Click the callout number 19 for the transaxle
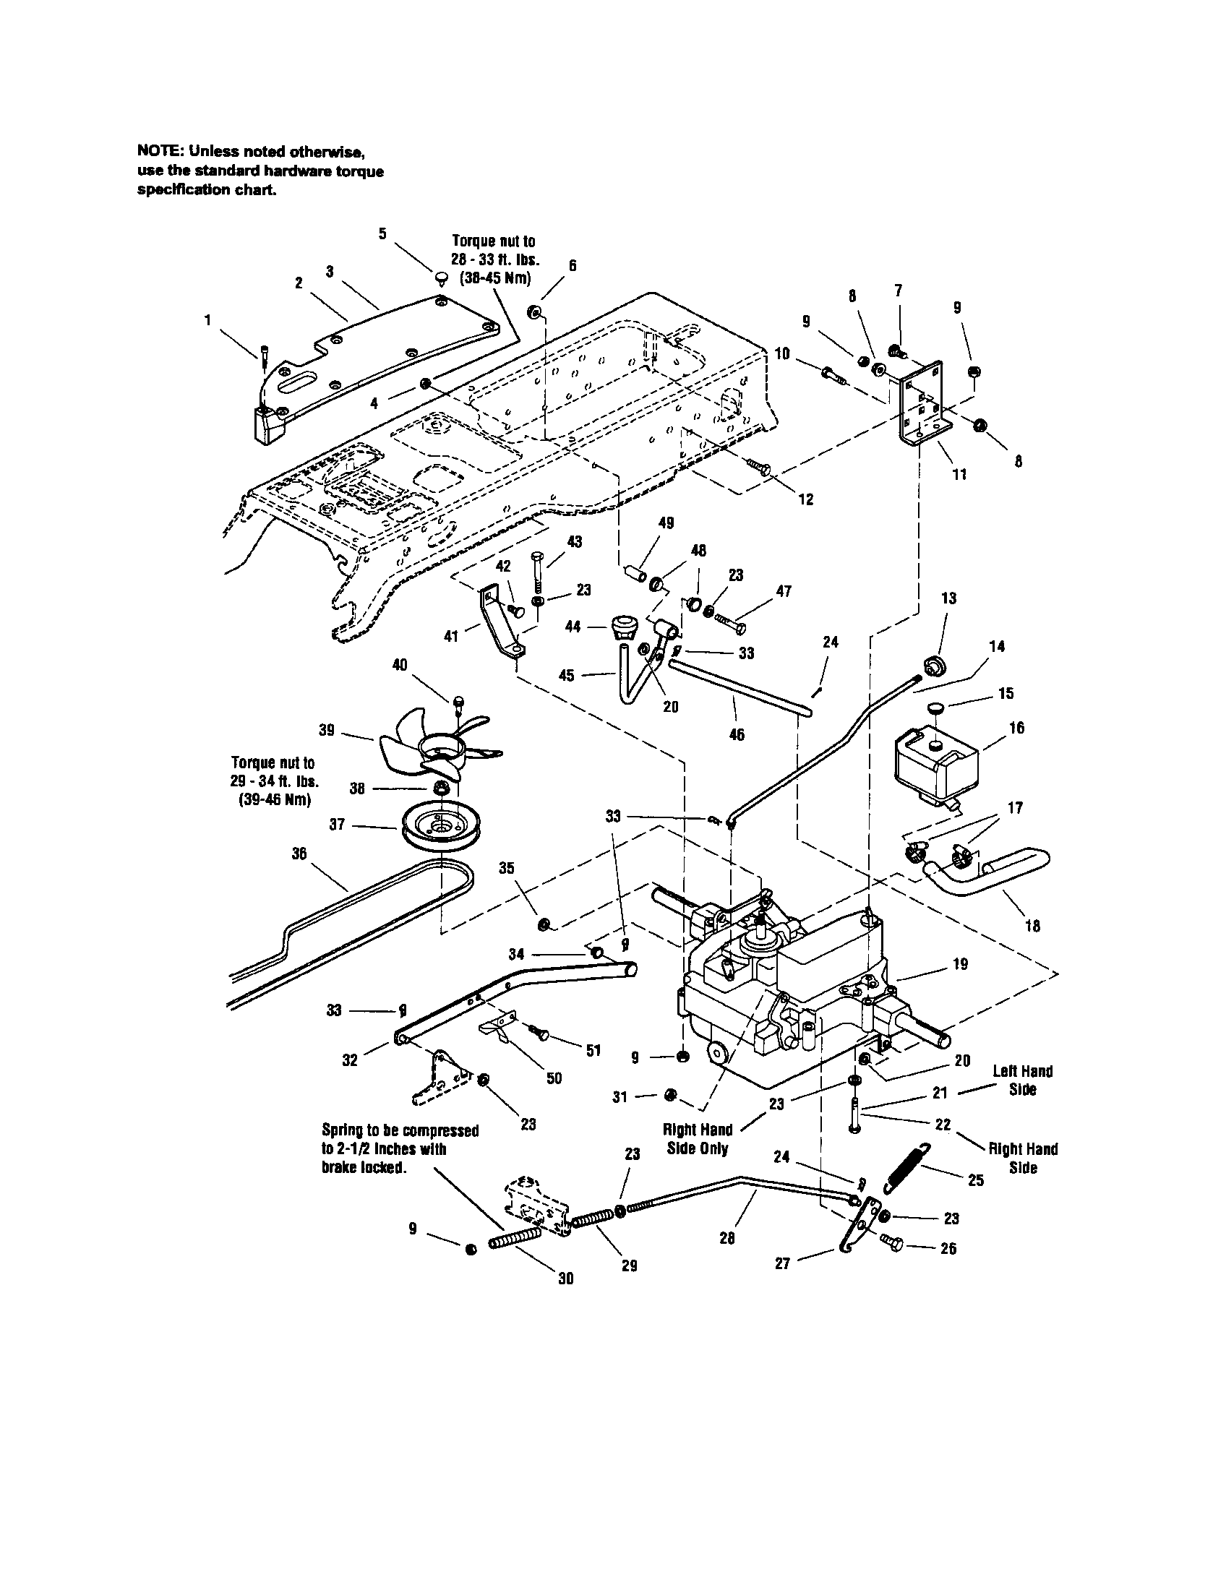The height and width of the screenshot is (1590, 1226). pos(960,964)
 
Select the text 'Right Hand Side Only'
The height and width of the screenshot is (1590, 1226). pos(698,1138)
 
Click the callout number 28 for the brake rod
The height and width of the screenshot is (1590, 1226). pos(726,1237)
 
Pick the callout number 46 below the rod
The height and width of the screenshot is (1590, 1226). pos(736,734)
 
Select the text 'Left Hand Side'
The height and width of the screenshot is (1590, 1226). pos(1022,1080)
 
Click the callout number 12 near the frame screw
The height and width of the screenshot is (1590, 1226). pos(806,499)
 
